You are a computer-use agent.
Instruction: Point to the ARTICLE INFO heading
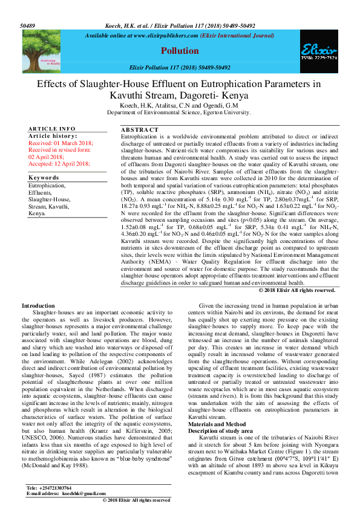pos(53,129)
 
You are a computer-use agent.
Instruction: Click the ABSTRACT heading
pos(140,130)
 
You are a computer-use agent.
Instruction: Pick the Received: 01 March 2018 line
pos(61,143)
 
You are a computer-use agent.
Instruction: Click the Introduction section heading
pos(38,306)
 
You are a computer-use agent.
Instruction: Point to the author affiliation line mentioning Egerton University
pos(179,112)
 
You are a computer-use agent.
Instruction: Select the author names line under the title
pos(180,105)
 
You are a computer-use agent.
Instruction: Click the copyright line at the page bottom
pos(136,500)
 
